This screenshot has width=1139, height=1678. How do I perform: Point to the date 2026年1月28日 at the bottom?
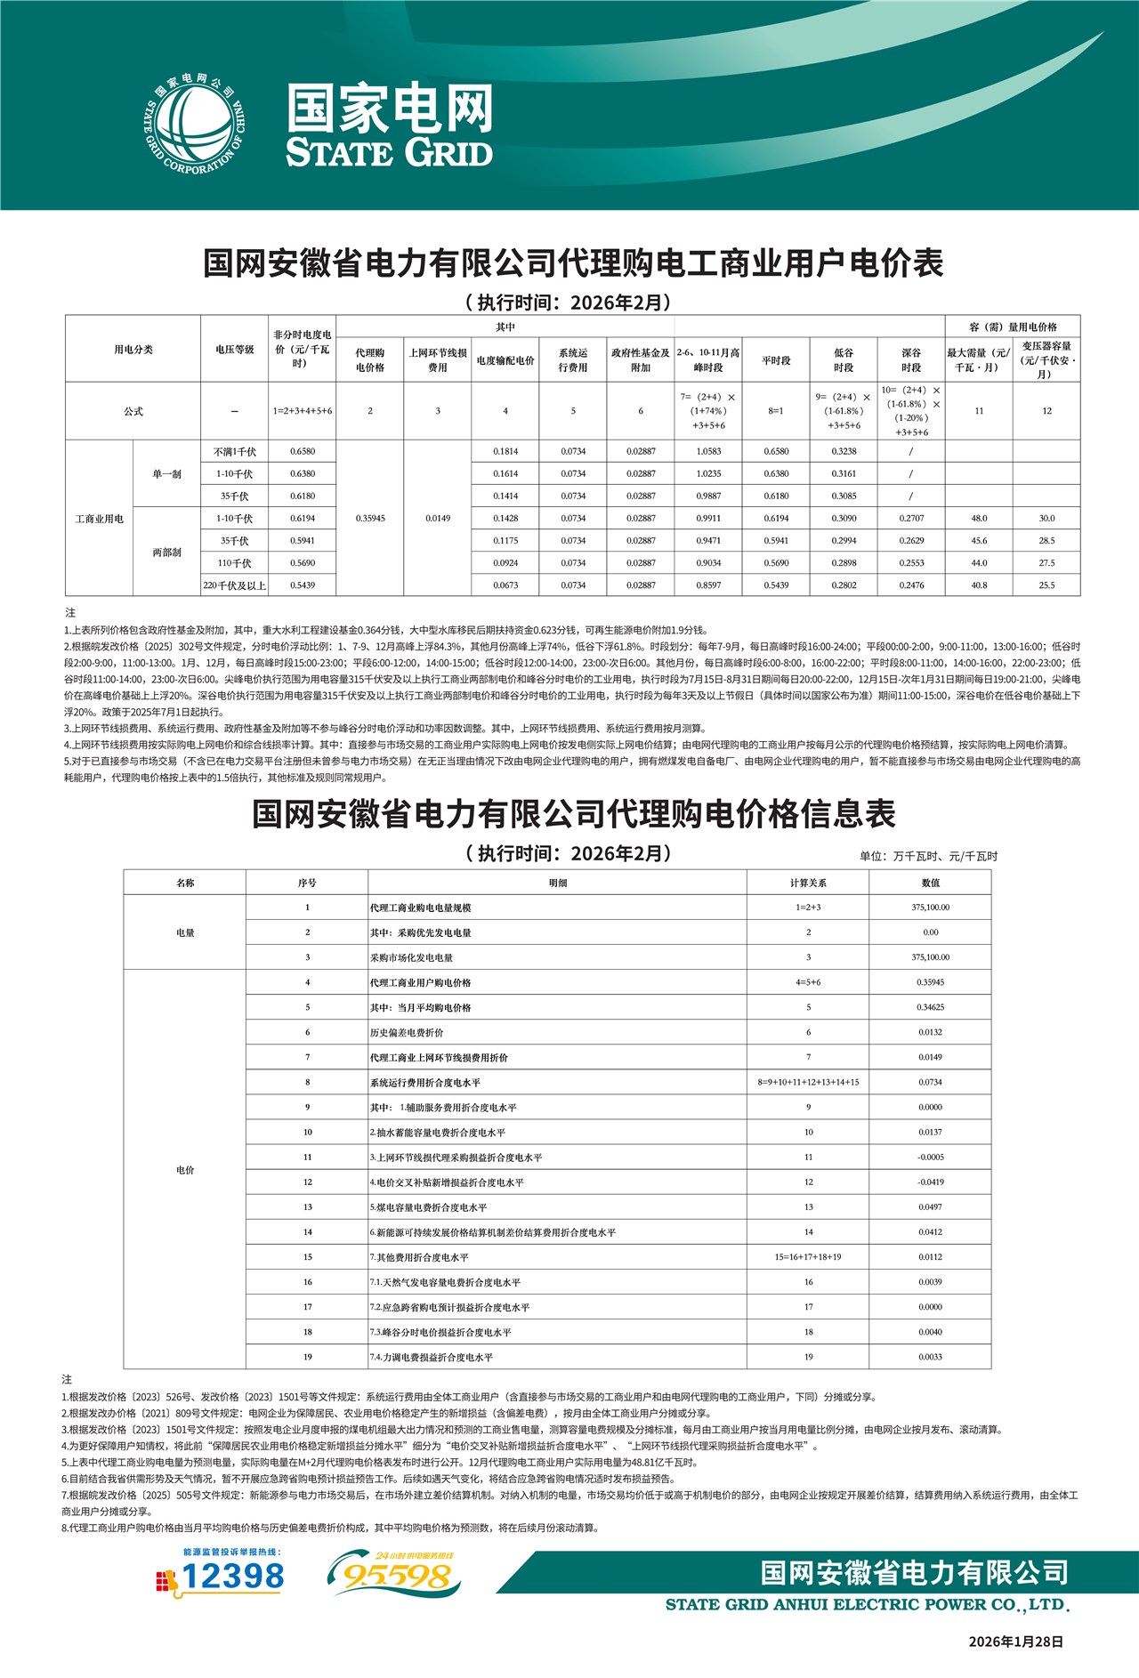coord(1016,1642)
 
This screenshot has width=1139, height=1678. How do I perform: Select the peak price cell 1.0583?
coord(708,452)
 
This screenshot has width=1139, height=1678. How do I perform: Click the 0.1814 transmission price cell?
coord(505,452)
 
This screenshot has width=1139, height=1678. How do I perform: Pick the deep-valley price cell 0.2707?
coord(911,519)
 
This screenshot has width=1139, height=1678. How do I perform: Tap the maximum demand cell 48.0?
coord(979,519)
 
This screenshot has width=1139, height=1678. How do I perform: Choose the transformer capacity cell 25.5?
coord(1046,585)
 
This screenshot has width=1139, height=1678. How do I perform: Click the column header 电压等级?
coord(235,350)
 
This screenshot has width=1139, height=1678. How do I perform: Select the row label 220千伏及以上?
coord(235,585)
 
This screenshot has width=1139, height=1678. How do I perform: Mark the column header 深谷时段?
coord(911,359)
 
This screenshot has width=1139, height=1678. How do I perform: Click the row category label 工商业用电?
coord(100,519)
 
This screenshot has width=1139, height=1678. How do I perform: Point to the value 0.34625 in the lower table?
coord(930,1008)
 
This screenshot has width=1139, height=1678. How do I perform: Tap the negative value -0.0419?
coord(930,1182)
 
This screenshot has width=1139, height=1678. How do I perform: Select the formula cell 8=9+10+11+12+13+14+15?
coord(808,1083)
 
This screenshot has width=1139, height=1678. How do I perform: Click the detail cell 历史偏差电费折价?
coord(408,1033)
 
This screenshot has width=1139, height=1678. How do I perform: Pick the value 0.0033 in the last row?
coord(930,1358)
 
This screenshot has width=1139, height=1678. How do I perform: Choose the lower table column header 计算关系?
coord(808,883)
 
